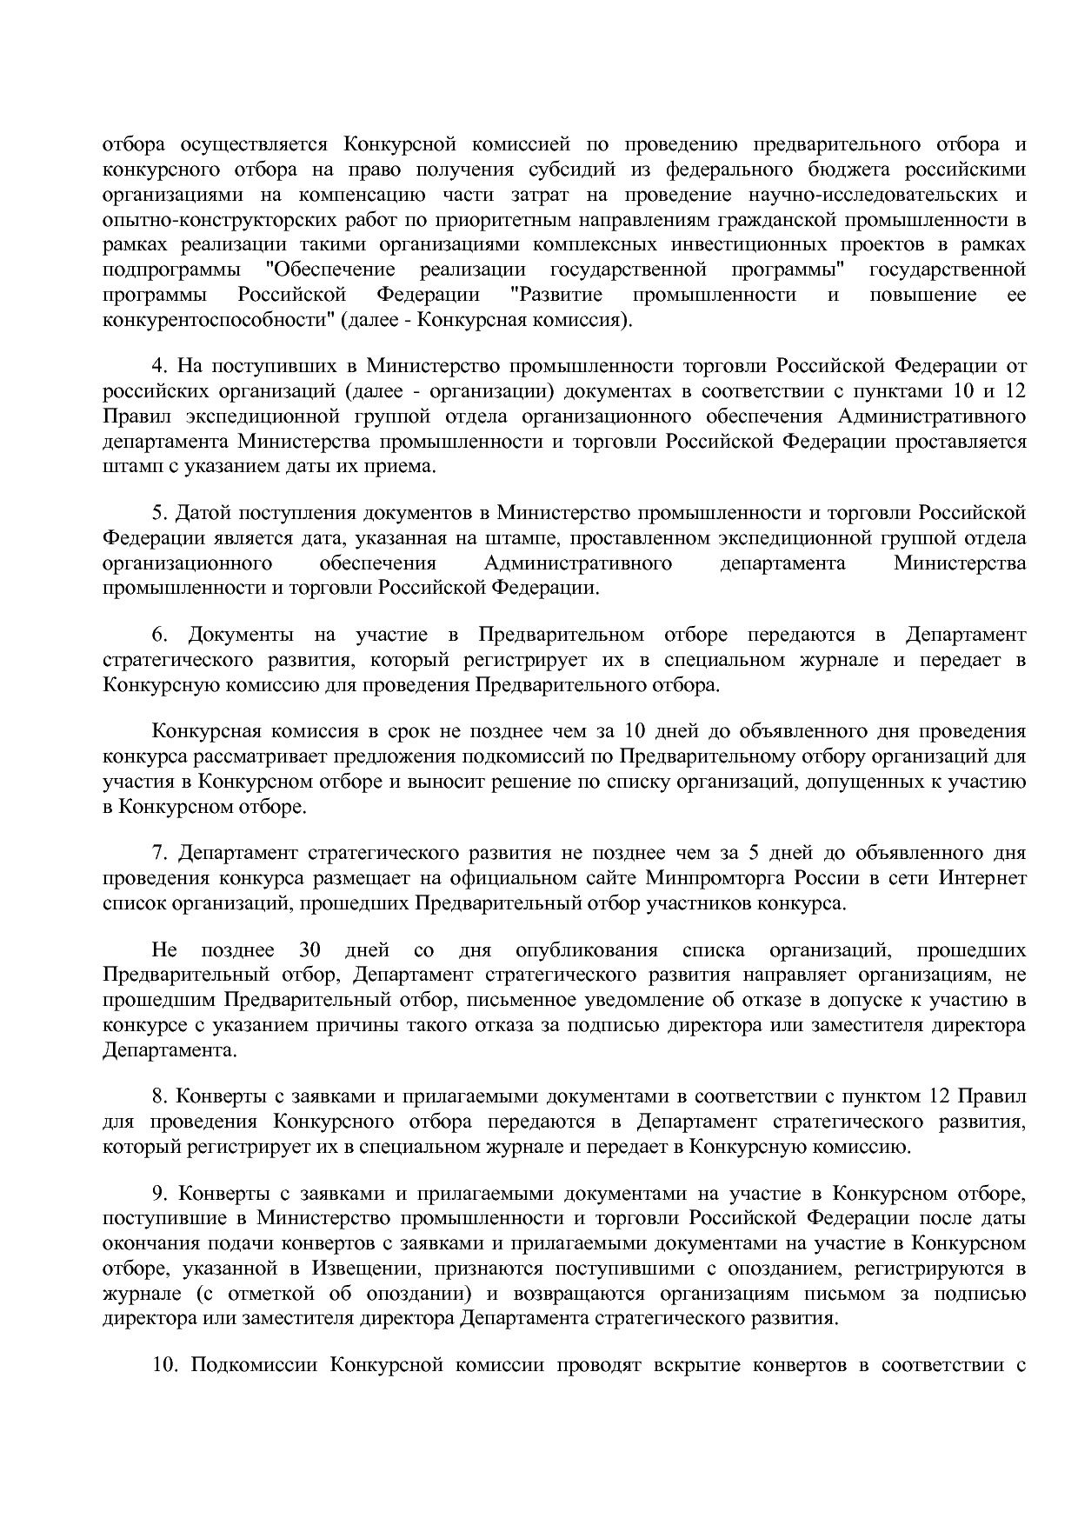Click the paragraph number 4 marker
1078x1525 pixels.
158,366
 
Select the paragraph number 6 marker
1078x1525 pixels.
158,635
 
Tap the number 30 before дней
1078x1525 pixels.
310,950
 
